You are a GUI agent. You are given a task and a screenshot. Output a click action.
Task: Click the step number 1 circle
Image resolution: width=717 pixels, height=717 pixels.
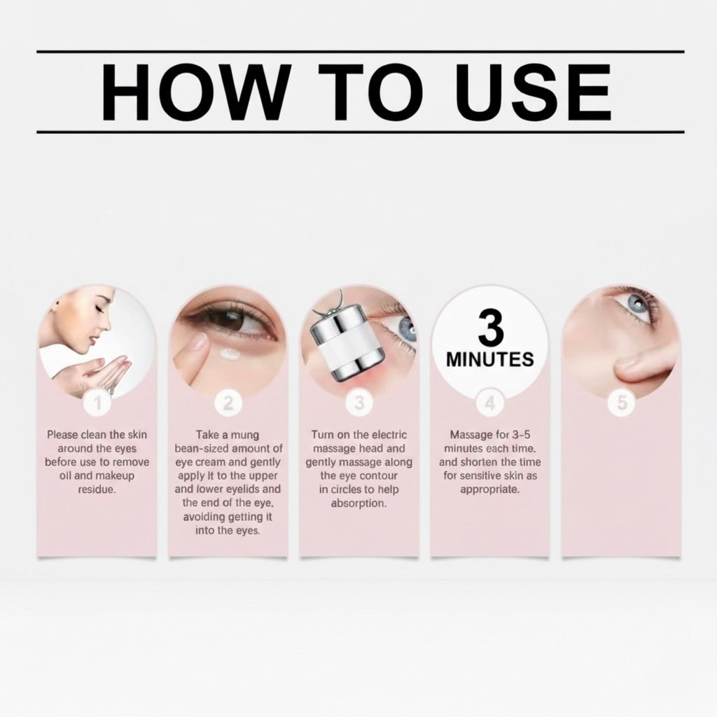point(97,403)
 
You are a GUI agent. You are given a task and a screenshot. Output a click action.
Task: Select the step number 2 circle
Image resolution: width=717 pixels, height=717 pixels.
point(228,403)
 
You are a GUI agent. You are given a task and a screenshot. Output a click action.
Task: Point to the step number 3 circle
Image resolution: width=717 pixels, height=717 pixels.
point(359,403)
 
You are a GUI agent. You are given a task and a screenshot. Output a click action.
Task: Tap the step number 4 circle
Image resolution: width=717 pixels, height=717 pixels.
point(489,403)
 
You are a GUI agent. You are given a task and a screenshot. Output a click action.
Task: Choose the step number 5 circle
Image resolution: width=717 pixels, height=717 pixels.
point(621,403)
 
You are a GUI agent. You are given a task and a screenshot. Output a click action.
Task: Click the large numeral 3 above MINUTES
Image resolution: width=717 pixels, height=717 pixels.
point(489,327)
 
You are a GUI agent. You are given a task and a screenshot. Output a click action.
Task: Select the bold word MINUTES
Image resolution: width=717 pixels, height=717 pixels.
point(489,361)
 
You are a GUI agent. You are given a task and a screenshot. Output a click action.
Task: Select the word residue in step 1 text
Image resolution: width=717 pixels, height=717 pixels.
point(97,489)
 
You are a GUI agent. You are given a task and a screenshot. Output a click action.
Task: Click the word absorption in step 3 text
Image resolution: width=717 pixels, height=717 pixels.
point(358,503)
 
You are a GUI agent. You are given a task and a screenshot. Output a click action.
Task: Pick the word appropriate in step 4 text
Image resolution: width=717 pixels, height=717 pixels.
point(489,489)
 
